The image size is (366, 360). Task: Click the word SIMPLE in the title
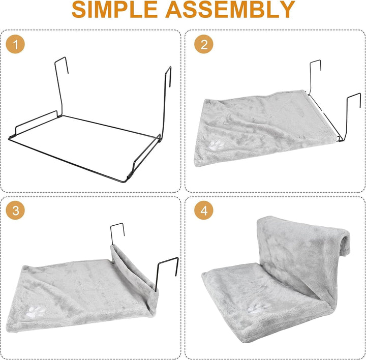114,9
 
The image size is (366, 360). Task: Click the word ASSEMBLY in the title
230,9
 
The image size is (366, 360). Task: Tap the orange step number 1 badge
15,44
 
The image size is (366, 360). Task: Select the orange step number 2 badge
204,44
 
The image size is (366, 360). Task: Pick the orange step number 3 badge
15,211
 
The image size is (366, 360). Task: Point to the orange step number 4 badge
204,211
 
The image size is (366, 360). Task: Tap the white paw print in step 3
37,312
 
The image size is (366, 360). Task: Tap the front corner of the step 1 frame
125,181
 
